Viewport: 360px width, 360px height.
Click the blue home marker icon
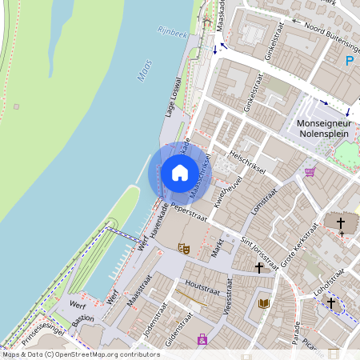click(x=180, y=173)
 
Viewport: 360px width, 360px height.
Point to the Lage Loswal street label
click(x=174, y=97)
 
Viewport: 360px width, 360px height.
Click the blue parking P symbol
click(x=350, y=60)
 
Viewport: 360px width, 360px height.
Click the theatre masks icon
click(x=182, y=249)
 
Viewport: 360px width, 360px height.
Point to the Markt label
click(x=215, y=247)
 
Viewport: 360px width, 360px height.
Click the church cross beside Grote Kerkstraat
click(x=340, y=223)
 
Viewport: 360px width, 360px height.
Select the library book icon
click(x=265, y=303)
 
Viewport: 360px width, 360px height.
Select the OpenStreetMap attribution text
click(x=70, y=354)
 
